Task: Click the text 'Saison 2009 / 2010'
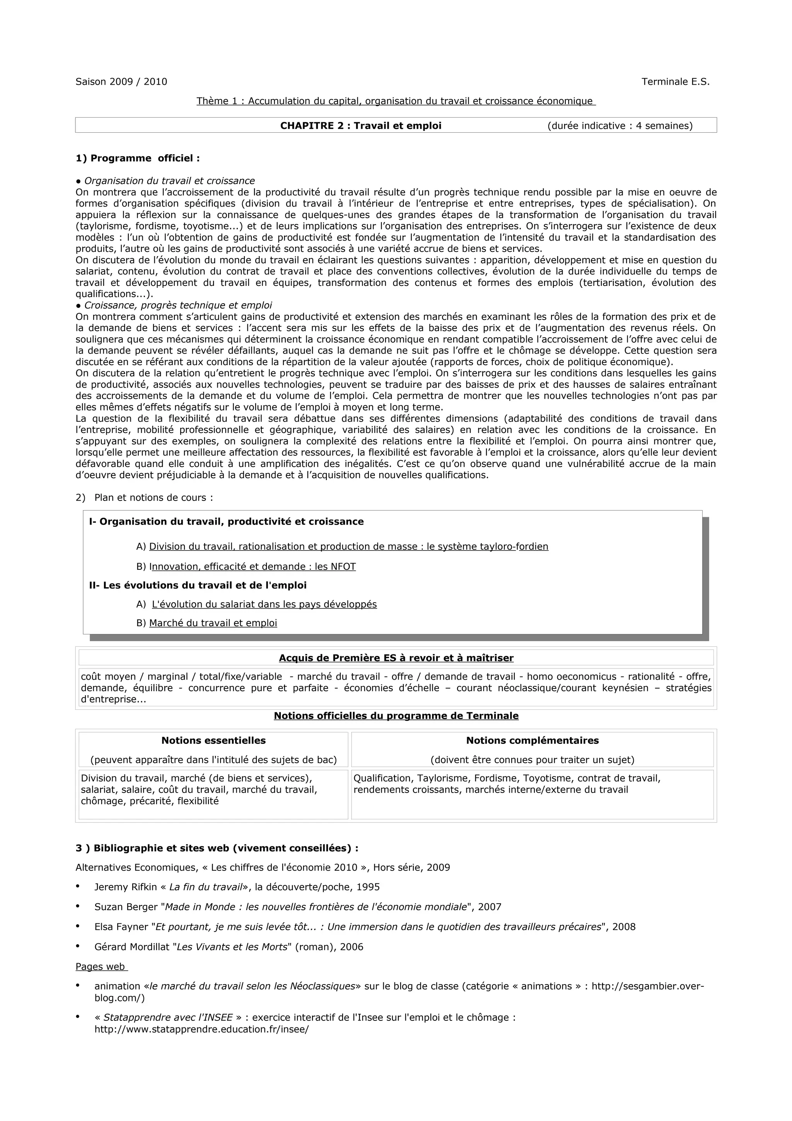pos(121,82)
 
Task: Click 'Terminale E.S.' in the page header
pos(675,82)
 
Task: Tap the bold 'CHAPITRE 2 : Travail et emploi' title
pos(361,126)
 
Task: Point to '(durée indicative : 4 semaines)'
pos(620,126)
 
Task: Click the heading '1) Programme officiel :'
pos(138,158)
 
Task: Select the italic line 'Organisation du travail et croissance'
pos(169,181)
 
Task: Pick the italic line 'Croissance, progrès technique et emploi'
pos(178,306)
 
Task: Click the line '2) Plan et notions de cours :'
pos(145,497)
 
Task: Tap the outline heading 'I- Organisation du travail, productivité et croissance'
pos(227,521)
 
